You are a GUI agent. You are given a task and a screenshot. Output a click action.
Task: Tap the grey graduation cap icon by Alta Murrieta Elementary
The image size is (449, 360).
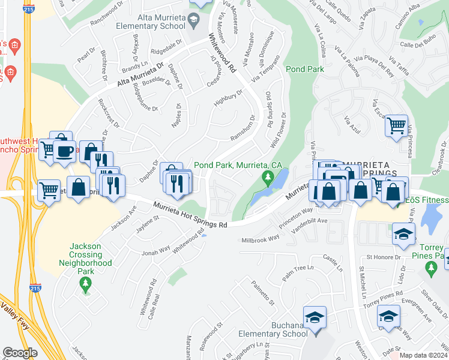pos(193,23)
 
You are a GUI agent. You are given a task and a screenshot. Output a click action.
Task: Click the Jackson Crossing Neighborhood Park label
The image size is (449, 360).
pos(91,254)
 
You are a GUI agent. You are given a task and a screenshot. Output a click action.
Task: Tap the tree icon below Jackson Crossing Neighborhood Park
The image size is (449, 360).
pos(86,283)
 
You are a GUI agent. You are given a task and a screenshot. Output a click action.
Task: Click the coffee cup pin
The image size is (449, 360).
pos(64,150)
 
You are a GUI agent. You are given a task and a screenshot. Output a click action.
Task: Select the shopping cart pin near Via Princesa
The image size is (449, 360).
pos(396,125)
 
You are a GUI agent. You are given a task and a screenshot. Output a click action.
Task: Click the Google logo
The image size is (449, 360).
pos(20,353)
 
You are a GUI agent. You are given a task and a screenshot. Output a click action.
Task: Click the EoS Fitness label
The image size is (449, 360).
pos(427,200)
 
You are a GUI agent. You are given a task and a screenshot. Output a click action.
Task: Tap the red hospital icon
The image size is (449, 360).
pos(13,46)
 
